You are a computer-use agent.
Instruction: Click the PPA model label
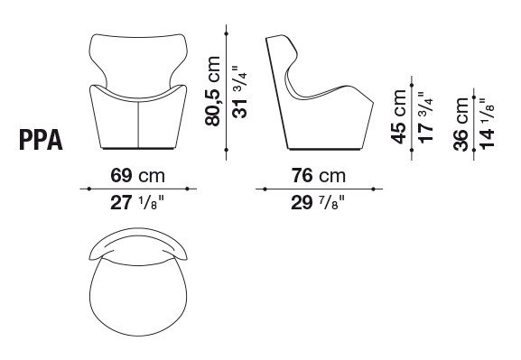(x=42, y=140)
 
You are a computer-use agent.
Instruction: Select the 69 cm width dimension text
(x=137, y=175)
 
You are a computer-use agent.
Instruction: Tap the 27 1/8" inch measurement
(x=137, y=202)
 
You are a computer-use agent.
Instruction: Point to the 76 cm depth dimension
(x=319, y=175)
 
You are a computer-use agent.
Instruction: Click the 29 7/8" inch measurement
(x=318, y=202)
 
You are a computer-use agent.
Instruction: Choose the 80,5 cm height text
(x=213, y=91)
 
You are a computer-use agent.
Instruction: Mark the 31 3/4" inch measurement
(x=239, y=92)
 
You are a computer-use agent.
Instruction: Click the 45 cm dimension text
(x=398, y=116)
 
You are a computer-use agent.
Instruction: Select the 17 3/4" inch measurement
(x=425, y=117)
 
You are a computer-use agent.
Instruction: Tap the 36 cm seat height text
(x=461, y=124)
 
